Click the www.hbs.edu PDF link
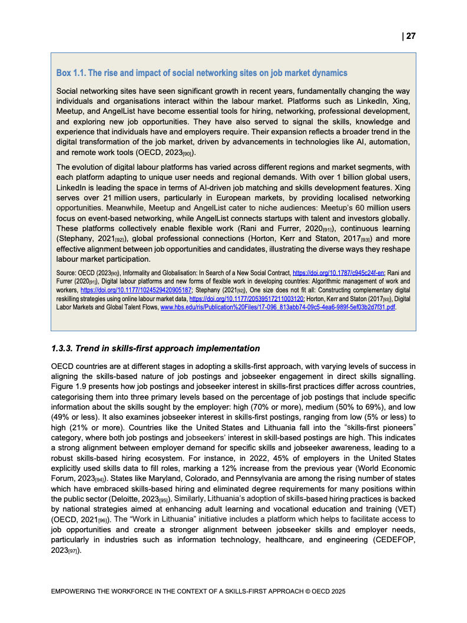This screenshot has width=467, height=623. [x=274, y=307]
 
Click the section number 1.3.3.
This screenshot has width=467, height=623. [x=65, y=348]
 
